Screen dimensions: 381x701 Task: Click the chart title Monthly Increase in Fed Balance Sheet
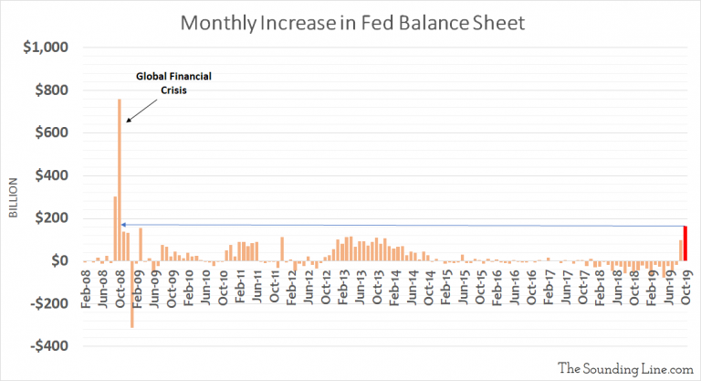pos(350,22)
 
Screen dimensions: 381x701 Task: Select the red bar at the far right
pos(685,243)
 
